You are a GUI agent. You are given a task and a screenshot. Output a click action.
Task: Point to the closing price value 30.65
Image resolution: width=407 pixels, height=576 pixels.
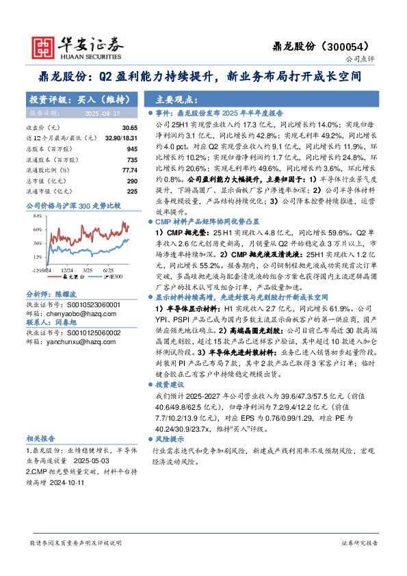129,128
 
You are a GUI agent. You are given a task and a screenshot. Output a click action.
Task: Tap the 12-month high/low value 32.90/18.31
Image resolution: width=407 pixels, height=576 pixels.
120,138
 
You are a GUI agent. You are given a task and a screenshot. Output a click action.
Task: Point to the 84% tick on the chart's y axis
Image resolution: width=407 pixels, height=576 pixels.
38,215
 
